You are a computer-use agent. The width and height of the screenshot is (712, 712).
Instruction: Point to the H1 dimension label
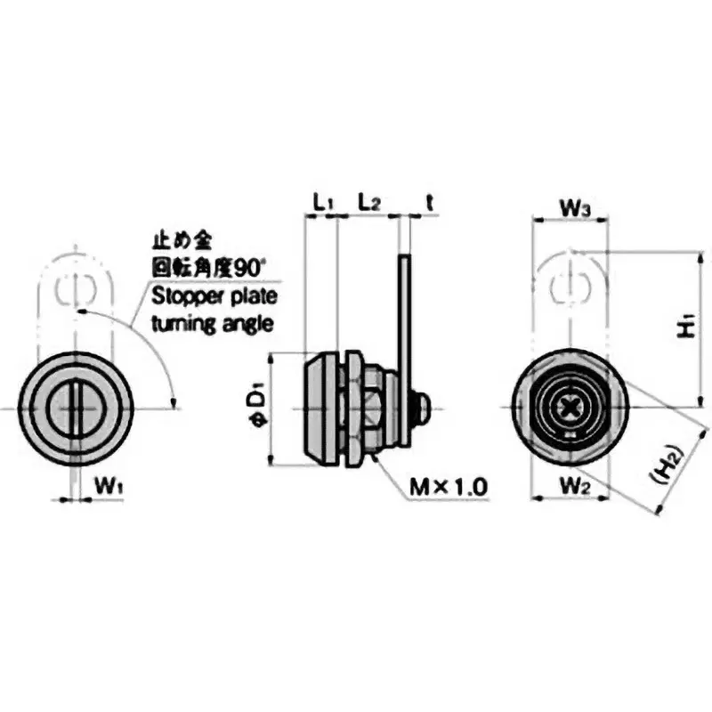(686, 328)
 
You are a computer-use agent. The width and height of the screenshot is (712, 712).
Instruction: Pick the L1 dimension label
(322, 201)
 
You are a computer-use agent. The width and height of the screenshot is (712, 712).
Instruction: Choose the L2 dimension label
(369, 201)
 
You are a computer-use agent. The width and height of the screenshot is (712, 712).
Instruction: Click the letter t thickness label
(429, 201)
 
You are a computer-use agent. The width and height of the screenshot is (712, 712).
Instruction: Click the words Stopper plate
(214, 296)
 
